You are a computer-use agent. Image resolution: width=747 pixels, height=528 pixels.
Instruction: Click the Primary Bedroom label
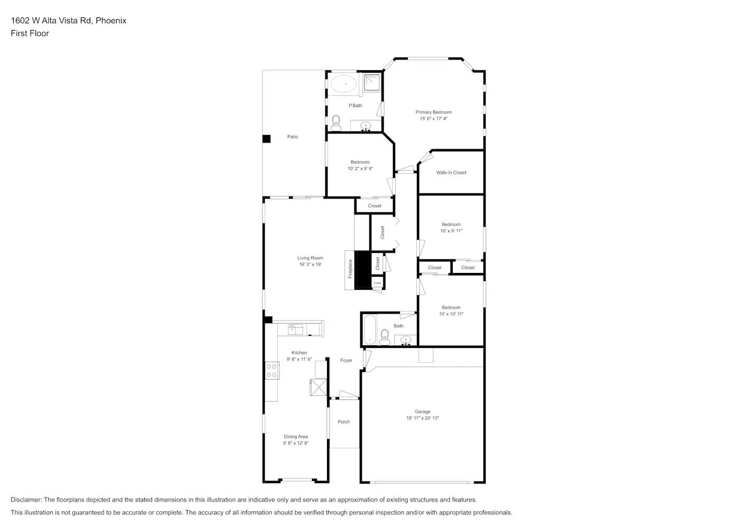point(433,112)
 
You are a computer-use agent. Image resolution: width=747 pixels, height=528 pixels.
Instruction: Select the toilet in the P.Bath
point(335,122)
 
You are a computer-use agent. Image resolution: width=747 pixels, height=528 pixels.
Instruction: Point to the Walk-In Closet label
point(451,173)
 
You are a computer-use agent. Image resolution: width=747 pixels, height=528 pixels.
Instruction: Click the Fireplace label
point(350,269)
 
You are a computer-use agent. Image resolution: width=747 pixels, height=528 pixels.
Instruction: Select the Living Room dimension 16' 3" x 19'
point(310,265)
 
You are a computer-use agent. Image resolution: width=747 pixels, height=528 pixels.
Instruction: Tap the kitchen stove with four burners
point(272,370)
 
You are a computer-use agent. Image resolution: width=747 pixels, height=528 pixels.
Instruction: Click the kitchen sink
point(295,329)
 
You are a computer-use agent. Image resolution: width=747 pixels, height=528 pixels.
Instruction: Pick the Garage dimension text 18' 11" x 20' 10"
point(422,418)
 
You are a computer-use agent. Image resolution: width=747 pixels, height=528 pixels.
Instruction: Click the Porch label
point(344,422)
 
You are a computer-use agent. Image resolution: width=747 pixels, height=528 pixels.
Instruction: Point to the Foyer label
point(346,361)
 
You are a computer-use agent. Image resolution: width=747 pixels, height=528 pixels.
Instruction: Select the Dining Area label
point(296,437)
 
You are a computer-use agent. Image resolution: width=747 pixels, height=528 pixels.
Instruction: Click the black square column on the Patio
point(267,139)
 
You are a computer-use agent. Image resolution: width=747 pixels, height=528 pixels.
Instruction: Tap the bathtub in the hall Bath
point(369,329)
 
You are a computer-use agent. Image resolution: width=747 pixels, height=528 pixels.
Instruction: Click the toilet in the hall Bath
point(385,337)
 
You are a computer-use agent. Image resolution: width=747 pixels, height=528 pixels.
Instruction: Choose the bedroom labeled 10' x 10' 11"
point(451,310)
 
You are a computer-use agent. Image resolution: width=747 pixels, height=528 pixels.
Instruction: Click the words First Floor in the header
point(30,33)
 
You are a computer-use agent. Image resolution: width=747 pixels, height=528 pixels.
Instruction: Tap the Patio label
point(293,137)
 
